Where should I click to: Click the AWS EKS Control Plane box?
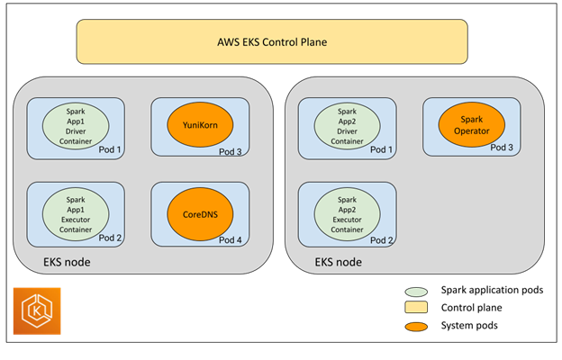pyautogui.click(x=272, y=41)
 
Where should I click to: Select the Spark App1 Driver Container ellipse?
pyautogui.click(x=75, y=124)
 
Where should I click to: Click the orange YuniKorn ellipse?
pyautogui.click(x=195, y=123)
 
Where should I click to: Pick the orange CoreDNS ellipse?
pyautogui.click(x=195, y=215)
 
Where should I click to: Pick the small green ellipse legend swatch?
pyautogui.click(x=416, y=292)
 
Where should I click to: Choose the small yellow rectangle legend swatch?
pyautogui.click(x=416, y=308)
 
